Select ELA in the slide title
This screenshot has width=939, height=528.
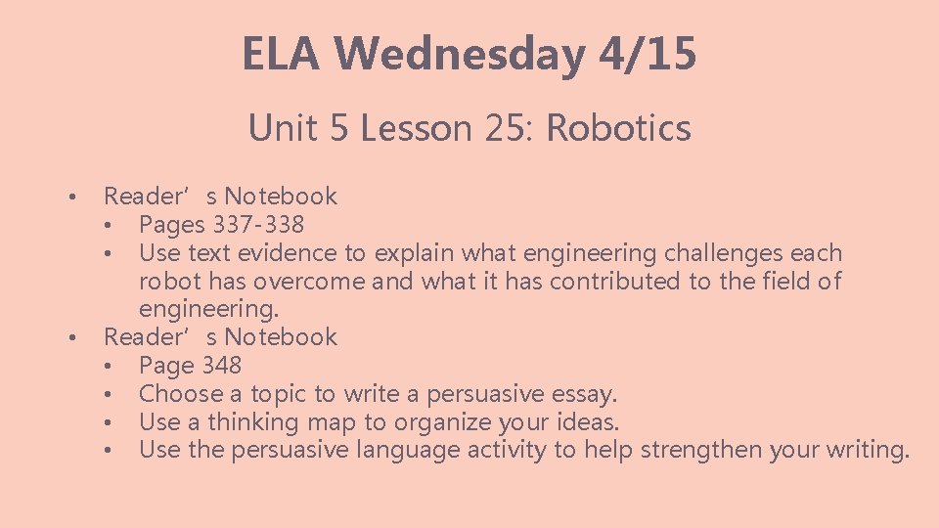click(x=282, y=54)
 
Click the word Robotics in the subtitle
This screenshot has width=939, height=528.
click(x=618, y=128)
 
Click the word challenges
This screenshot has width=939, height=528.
click(x=723, y=253)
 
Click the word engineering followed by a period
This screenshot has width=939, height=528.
click(x=208, y=310)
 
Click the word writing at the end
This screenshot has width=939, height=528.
click(x=868, y=451)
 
